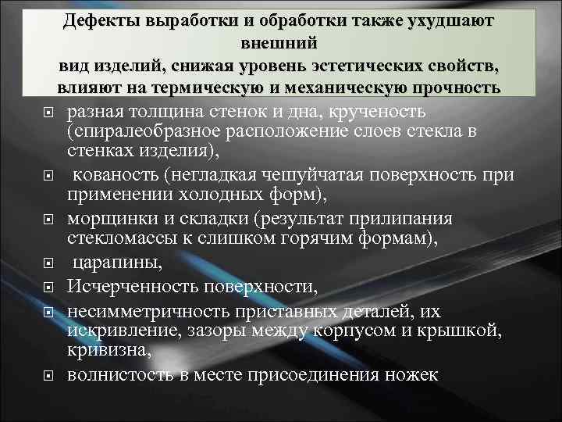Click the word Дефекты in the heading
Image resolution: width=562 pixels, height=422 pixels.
coord(103,22)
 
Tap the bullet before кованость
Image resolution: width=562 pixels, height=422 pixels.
coord(48,177)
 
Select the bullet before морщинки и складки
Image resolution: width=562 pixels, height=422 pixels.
coord(48,220)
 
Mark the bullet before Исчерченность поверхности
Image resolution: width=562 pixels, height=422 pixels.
coord(48,288)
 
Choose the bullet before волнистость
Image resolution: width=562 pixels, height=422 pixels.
coord(48,376)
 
